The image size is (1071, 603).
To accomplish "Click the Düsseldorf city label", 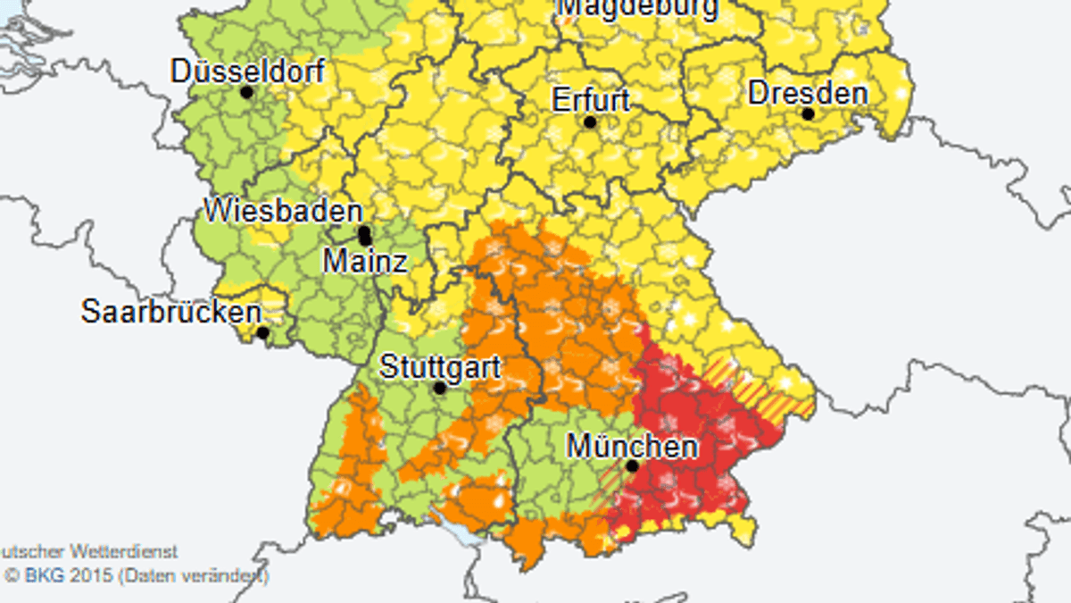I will click(x=247, y=71).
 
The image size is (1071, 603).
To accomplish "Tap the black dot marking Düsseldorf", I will click(x=247, y=92).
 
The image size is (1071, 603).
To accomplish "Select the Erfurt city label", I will click(x=591, y=99).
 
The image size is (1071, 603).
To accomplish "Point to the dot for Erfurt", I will click(x=590, y=121).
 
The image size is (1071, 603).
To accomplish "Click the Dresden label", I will click(x=808, y=93).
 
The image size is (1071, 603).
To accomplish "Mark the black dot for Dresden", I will click(x=808, y=114).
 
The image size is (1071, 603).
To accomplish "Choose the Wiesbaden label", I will click(x=283, y=212).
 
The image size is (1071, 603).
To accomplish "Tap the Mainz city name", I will click(x=365, y=261).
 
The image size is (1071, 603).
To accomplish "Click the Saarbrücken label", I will click(x=171, y=312).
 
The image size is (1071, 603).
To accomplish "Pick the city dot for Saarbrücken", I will click(x=262, y=333).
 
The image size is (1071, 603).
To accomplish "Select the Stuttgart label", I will click(x=440, y=367).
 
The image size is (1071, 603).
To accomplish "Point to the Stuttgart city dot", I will click(x=439, y=389).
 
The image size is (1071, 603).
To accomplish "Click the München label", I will click(x=633, y=445).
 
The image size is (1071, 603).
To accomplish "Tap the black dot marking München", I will click(x=633, y=465).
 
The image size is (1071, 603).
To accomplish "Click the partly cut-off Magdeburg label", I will click(x=637, y=8).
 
